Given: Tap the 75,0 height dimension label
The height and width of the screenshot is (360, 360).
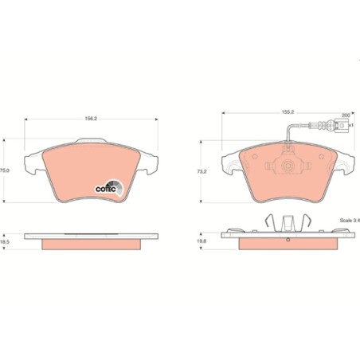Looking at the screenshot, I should coord(4,170).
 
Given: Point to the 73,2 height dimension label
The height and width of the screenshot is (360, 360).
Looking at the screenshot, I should coord(202,170).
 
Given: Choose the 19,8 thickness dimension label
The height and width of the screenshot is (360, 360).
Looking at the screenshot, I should coord(202,239).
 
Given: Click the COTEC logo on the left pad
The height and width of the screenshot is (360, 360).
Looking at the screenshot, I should coord(110,188).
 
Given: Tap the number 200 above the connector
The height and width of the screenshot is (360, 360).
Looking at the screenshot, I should coord(344,115).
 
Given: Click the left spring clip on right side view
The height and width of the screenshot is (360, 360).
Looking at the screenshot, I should coord(268,225).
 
